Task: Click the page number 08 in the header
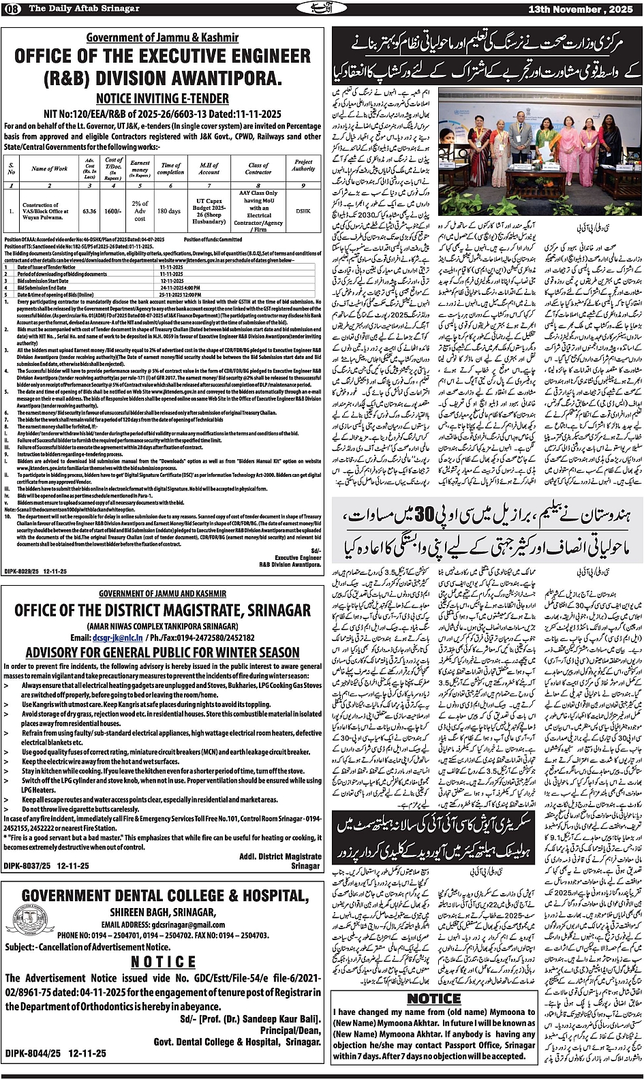13,7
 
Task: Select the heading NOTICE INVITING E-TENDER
162,97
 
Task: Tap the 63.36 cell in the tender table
89,211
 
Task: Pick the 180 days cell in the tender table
169,211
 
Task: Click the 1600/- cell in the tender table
114,211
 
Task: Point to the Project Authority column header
303,166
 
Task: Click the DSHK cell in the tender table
303,211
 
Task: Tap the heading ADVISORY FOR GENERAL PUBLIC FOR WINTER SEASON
162,653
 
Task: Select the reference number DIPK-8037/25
25,866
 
